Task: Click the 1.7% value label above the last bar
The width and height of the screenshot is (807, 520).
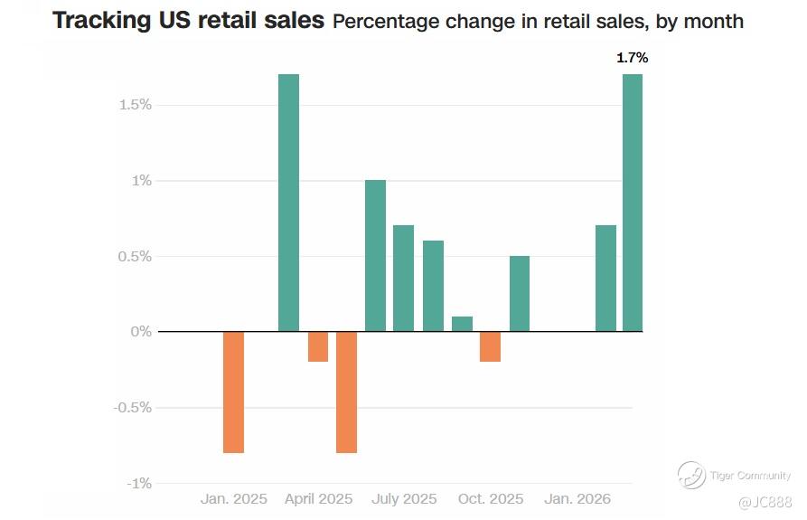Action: pyautogui.click(x=632, y=58)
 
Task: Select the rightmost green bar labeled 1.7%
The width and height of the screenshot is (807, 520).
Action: pyautogui.click(x=633, y=203)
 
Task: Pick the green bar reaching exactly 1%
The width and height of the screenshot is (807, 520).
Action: pyautogui.click(x=375, y=256)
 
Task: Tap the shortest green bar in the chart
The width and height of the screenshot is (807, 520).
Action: pyautogui.click(x=462, y=324)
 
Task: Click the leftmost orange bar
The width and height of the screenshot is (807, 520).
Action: pyautogui.click(x=233, y=392)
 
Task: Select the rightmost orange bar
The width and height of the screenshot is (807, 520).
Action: pyautogui.click(x=490, y=346)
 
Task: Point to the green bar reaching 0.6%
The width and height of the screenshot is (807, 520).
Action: pyautogui.click(x=433, y=286)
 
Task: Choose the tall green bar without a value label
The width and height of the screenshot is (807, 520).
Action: pyautogui.click(x=288, y=203)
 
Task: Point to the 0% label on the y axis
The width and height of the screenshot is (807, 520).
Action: pyautogui.click(x=141, y=332)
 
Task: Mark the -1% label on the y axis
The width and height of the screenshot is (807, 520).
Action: pyautogui.click(x=138, y=483)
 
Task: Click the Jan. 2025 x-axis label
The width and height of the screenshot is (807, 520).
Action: pyautogui.click(x=233, y=499)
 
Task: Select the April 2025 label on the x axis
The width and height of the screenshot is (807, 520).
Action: pyautogui.click(x=318, y=499)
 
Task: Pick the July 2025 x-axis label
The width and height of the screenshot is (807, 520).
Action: pyautogui.click(x=404, y=499)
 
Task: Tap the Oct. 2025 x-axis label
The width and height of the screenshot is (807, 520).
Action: pyautogui.click(x=490, y=499)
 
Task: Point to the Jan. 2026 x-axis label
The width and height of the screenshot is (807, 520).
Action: pyautogui.click(x=577, y=499)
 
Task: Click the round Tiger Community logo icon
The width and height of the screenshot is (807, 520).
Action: pyautogui.click(x=692, y=475)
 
